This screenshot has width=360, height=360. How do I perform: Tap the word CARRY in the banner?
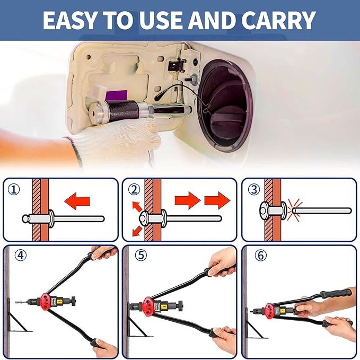point(278,20)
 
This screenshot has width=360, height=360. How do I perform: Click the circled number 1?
point(14,189)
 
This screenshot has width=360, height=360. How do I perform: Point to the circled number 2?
point(134,189)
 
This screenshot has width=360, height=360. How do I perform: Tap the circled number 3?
point(254,189)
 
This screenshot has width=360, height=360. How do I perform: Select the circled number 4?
point(21,255)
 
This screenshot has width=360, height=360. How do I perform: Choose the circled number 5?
point(141,255)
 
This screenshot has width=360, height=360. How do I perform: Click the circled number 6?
point(260,255)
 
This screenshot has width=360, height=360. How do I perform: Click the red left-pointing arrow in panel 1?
point(77,201)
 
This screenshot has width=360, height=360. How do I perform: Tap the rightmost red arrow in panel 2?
point(217,200)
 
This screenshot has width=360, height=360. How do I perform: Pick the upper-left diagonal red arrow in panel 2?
point(137,207)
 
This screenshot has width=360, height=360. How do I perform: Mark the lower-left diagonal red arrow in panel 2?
point(137,231)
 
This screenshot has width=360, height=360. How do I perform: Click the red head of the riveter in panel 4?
point(46,301)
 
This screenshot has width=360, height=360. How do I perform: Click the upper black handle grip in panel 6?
point(336,293)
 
